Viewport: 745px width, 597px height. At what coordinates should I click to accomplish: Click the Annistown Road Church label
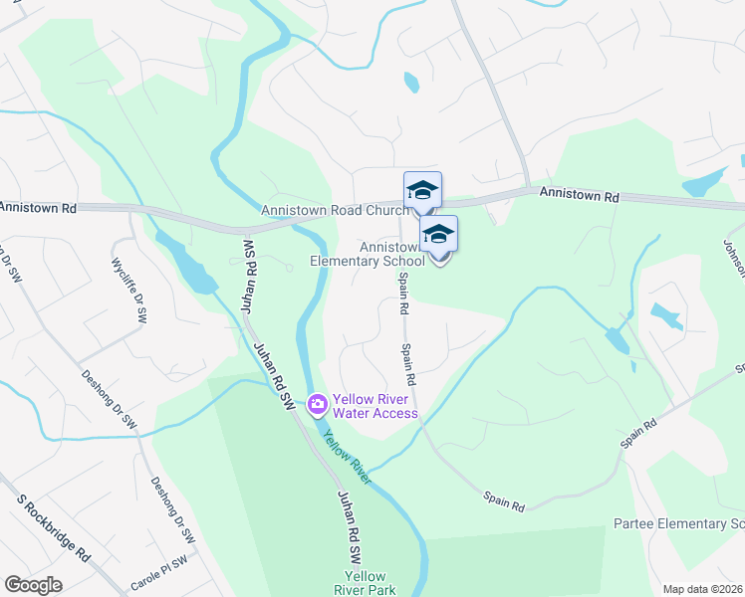(x=335, y=211)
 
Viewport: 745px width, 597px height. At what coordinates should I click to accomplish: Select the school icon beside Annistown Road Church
(x=422, y=190)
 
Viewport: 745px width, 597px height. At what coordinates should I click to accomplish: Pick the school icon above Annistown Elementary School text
(x=438, y=235)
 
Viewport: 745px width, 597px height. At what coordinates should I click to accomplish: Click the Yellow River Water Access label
(x=376, y=406)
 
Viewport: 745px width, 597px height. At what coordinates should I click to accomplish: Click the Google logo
(x=33, y=584)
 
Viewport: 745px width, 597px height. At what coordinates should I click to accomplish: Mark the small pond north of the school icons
(x=411, y=83)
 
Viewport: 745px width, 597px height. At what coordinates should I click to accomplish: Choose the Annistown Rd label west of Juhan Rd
(x=38, y=208)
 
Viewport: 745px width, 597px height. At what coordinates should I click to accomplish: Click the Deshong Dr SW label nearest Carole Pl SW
(x=172, y=510)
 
